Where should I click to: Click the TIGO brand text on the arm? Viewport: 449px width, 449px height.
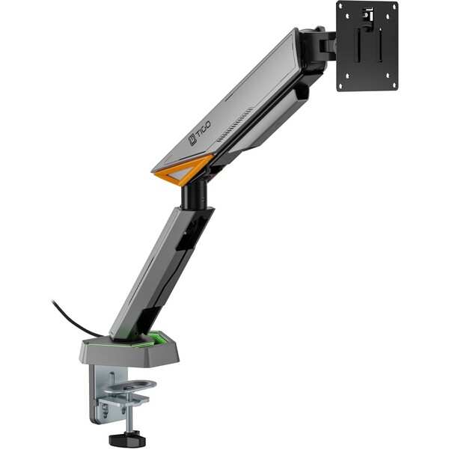point(204,129)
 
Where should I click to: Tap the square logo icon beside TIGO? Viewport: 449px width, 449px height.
point(192,140)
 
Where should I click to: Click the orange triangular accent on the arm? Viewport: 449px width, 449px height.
point(184,170)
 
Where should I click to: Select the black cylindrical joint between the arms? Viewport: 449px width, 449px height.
point(194,197)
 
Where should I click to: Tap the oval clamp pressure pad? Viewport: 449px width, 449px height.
point(129,387)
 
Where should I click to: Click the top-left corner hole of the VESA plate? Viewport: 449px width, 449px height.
point(347,16)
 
